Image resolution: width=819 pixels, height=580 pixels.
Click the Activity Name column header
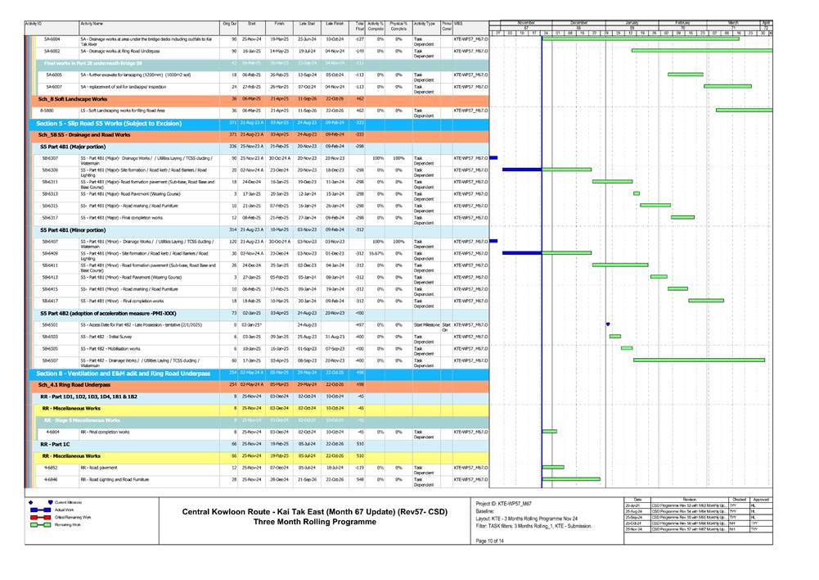tap(97, 25)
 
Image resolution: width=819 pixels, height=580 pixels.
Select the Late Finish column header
tap(334, 25)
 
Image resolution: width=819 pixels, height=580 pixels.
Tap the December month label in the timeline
tap(578, 23)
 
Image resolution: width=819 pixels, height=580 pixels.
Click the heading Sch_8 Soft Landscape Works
tap(78, 98)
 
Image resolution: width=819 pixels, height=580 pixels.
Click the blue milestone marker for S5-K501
tap(608, 324)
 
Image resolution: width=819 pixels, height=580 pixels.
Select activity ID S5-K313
tap(50, 193)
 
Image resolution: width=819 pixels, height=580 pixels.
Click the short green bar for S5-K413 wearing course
tap(653, 277)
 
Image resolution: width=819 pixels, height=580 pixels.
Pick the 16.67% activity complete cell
tap(376, 253)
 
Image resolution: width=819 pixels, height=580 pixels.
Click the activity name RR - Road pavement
tap(100, 467)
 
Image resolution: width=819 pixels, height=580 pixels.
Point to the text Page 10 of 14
tap(490, 541)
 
